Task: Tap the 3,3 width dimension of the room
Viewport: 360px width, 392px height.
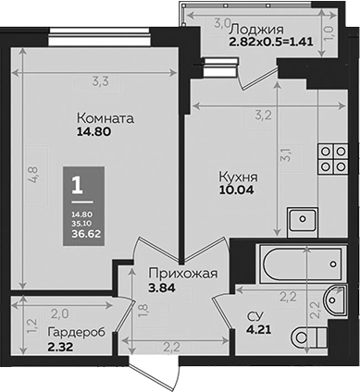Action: [96, 82]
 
